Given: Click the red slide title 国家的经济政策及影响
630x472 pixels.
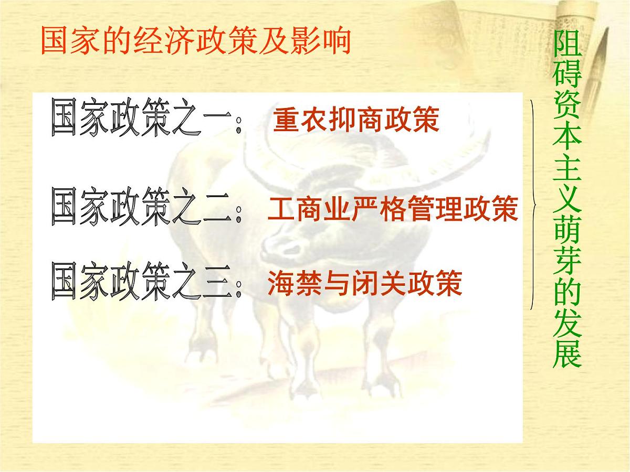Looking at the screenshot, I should click(x=195, y=41).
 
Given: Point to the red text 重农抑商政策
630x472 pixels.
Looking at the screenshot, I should click(x=356, y=121).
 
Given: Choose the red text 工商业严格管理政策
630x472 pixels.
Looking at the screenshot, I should click(x=392, y=209).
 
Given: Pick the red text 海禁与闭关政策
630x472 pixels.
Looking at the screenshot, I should click(x=364, y=283).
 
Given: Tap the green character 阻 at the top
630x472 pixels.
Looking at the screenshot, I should click(x=568, y=48).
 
